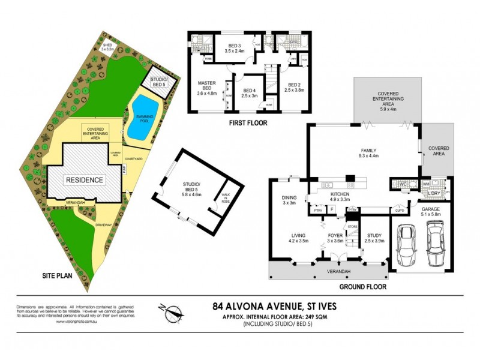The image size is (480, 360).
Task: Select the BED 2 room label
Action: point(295,87)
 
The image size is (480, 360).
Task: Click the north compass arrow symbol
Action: point(171,311)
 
